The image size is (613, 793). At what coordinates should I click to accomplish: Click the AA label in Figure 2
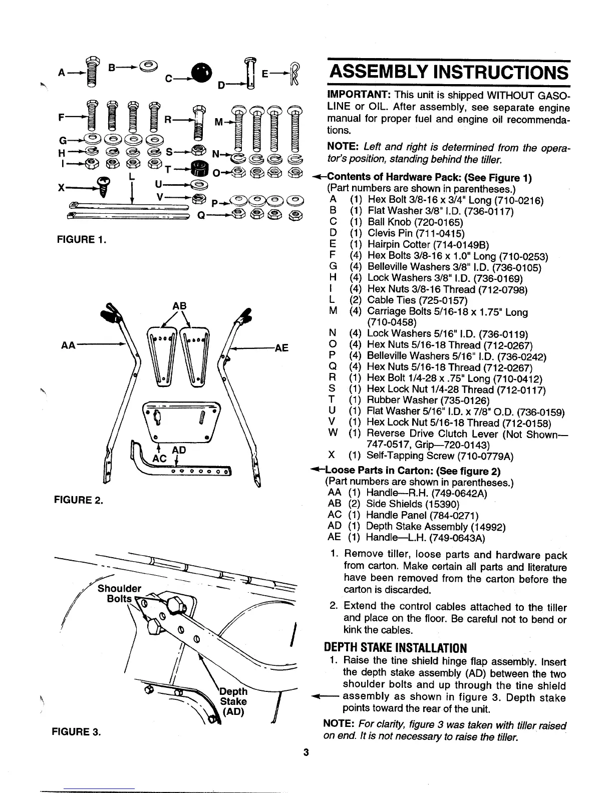coord(68,345)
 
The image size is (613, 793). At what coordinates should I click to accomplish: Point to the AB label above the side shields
coord(179,306)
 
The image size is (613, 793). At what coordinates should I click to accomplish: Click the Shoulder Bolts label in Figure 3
coord(119,593)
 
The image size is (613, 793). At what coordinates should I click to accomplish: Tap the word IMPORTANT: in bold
coord(355,96)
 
